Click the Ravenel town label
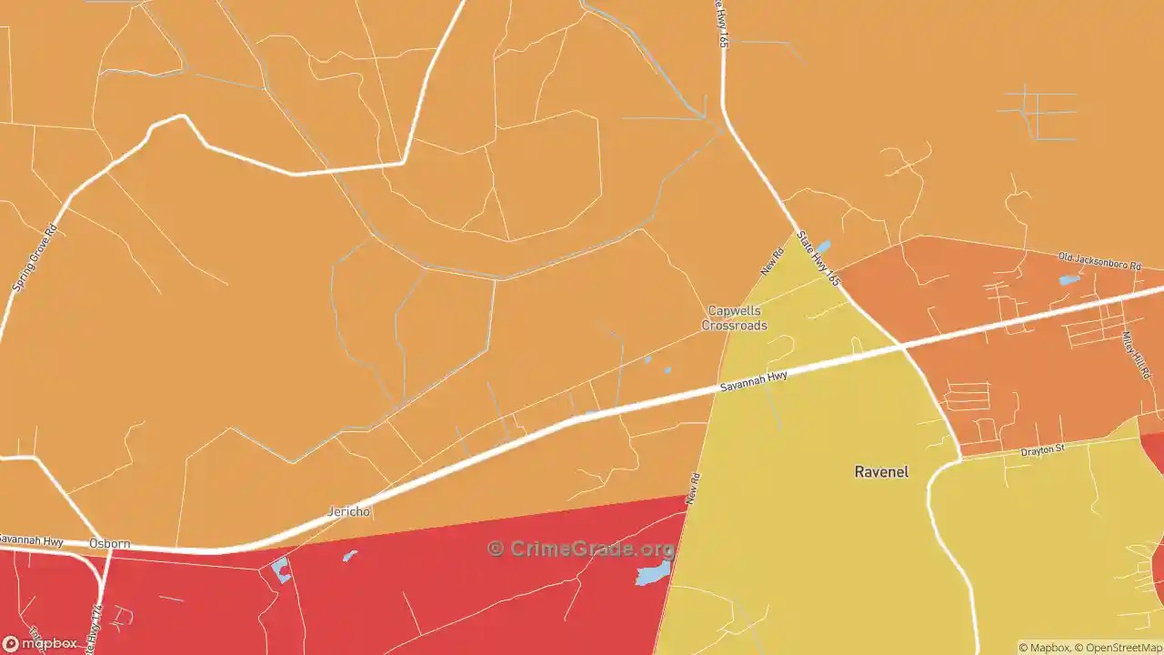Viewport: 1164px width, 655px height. [x=881, y=471]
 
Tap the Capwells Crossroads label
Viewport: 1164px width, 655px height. [x=734, y=318]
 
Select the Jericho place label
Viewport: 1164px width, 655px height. [x=349, y=511]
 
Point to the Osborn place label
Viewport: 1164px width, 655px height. [x=109, y=544]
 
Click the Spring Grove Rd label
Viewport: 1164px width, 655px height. [x=35, y=258]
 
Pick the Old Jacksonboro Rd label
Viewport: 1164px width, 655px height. [x=1099, y=262]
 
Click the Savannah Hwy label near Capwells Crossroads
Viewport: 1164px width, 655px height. [x=754, y=381]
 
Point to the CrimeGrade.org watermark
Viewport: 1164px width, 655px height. [x=582, y=549]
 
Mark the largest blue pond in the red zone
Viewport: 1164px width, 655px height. [x=653, y=573]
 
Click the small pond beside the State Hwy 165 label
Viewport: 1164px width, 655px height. [x=823, y=247]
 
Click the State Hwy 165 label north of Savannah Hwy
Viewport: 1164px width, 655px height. [x=818, y=259]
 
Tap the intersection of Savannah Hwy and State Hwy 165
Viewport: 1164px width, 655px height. [x=900, y=346]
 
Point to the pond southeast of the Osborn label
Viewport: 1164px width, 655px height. [x=281, y=570]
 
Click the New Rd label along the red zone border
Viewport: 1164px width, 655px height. [x=693, y=489]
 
